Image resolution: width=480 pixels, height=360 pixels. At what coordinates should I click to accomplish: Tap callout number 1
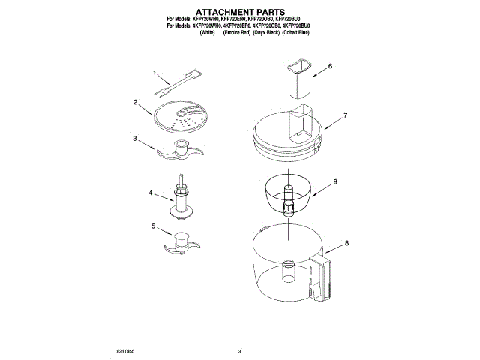155,73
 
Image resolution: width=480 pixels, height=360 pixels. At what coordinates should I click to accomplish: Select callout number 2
135,101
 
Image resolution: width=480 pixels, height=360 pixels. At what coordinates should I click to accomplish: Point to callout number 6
330,66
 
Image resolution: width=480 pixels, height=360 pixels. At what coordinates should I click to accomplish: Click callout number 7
346,115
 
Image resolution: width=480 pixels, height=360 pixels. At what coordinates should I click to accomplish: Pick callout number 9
335,181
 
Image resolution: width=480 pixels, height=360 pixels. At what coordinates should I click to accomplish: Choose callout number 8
347,243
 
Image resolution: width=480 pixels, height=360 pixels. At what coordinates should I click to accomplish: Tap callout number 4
151,193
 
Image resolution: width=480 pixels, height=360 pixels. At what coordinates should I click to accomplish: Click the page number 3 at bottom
239,350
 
